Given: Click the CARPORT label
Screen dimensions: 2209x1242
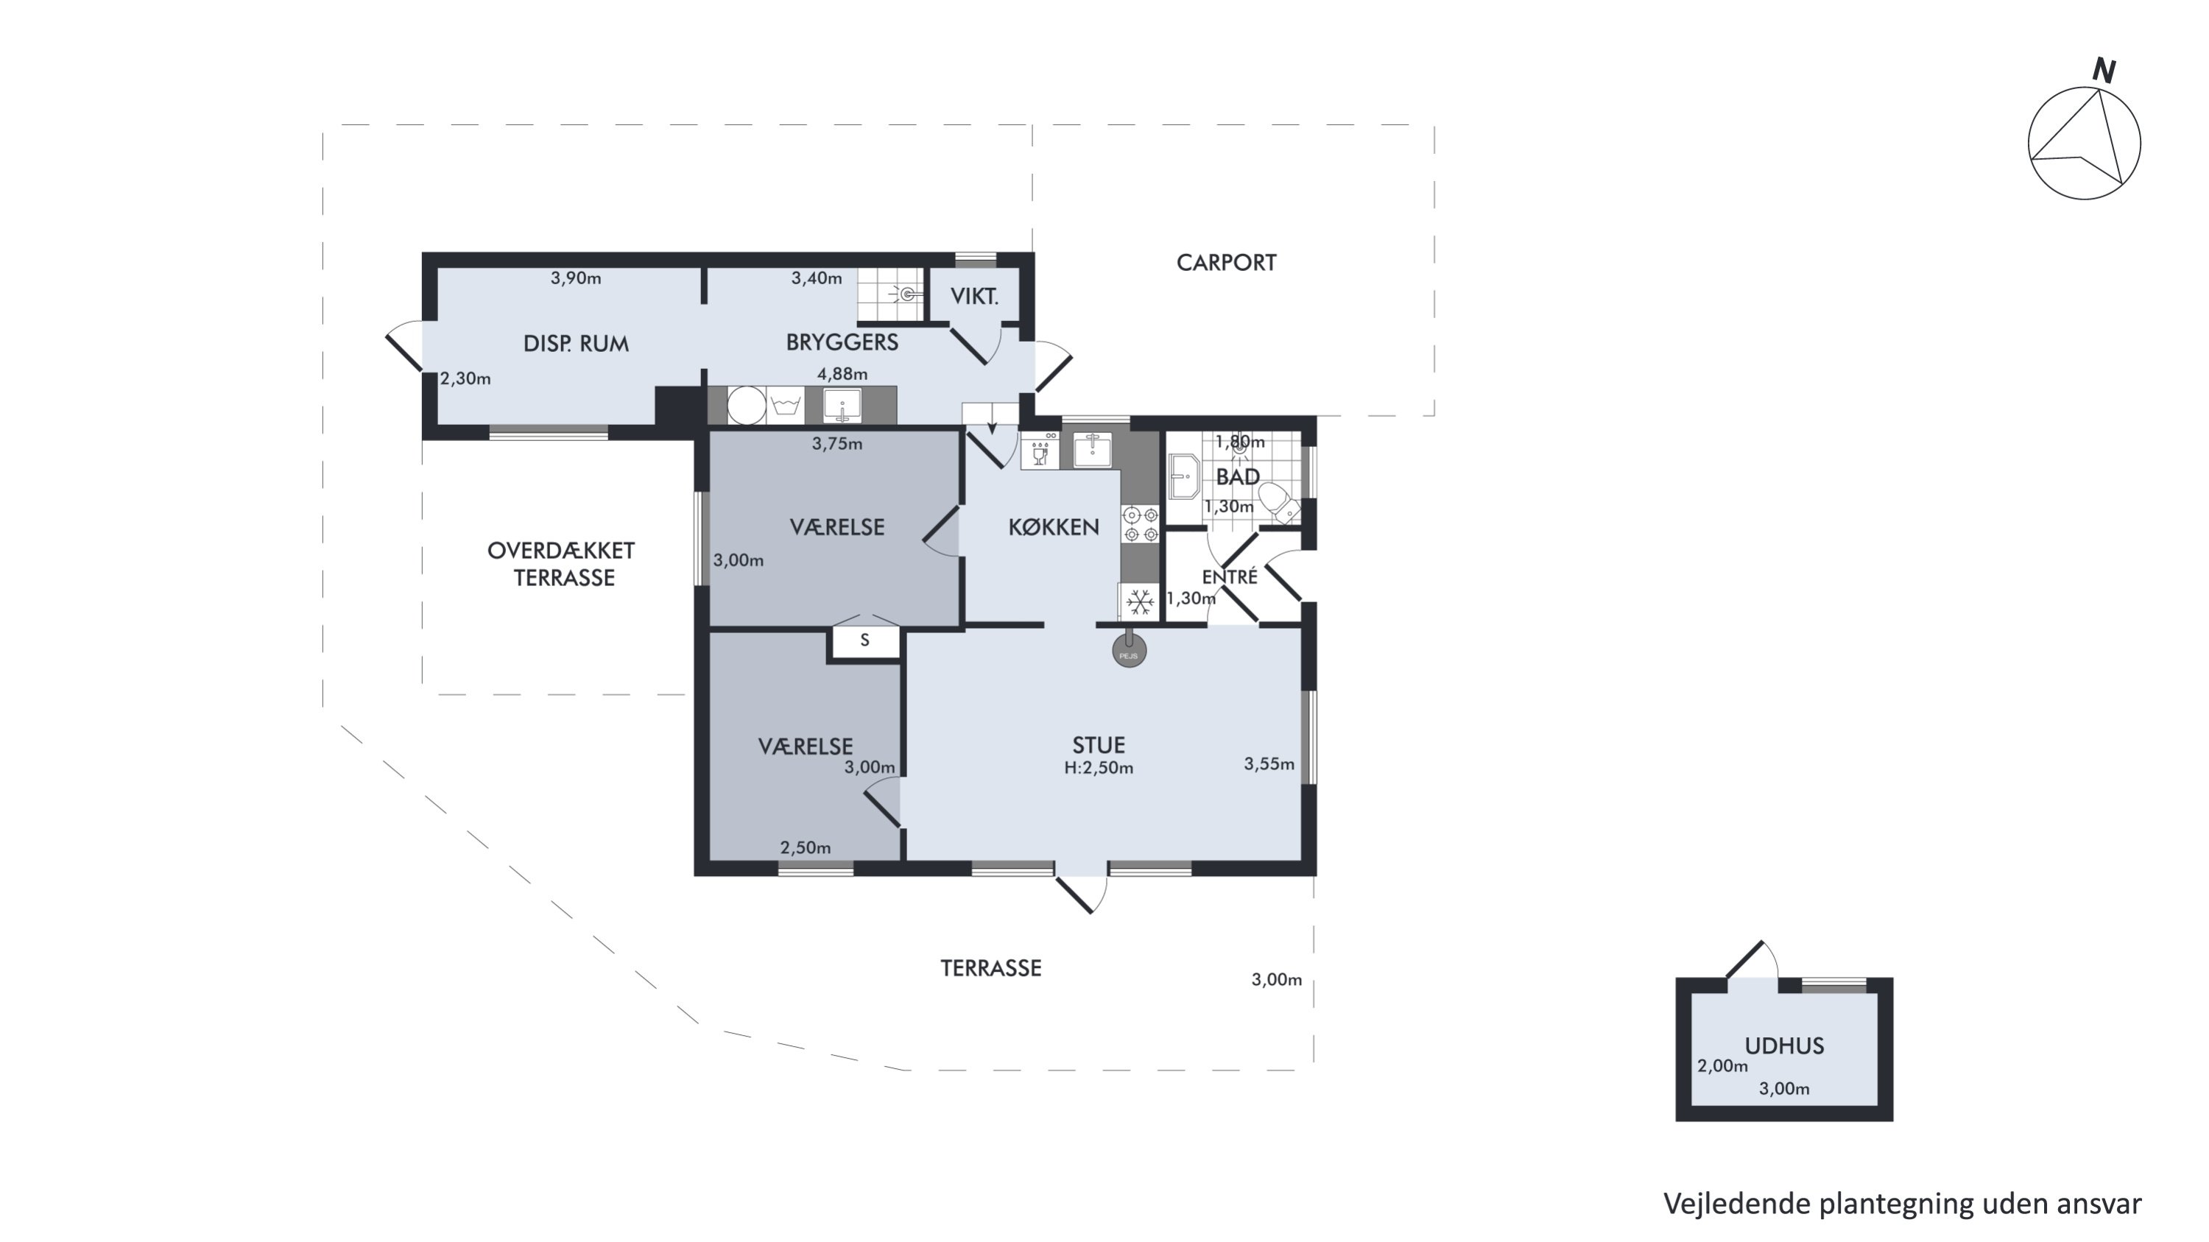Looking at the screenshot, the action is [x=1225, y=263].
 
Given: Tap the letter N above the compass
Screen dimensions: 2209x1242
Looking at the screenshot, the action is [x=2104, y=70].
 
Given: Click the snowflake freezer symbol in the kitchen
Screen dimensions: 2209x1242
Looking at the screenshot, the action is [x=1140, y=601].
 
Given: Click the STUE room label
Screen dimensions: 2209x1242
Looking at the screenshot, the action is [x=1099, y=745].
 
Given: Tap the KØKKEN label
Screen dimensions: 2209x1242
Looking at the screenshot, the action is [x=1053, y=527].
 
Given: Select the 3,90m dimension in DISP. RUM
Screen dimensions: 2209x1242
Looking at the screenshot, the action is [x=575, y=278].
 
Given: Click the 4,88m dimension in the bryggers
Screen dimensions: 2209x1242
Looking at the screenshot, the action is [x=842, y=374].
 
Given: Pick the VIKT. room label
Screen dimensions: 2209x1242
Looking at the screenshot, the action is [x=974, y=297].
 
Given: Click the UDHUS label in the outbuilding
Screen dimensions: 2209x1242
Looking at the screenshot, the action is [x=1785, y=1045].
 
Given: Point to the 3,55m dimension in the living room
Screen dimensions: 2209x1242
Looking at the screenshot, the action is [x=1269, y=763].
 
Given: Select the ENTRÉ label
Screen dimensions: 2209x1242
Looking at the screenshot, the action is [x=1230, y=577].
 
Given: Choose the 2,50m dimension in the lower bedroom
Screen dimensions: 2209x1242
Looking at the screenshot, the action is [x=806, y=847].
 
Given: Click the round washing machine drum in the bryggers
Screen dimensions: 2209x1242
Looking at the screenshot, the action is [x=746, y=405].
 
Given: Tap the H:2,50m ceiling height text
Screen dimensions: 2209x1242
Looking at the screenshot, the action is [x=1099, y=768].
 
